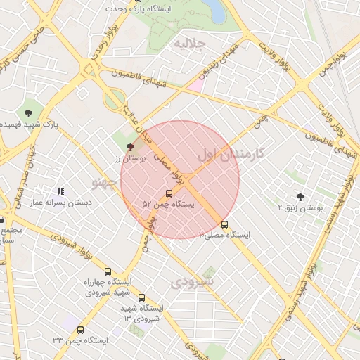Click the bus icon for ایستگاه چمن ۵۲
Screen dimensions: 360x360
tap(169, 193)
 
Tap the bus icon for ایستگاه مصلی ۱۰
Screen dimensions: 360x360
tap(224, 225)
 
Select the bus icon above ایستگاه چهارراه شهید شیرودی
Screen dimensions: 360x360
tap(108, 271)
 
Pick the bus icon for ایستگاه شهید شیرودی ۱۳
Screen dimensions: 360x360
tap(141, 297)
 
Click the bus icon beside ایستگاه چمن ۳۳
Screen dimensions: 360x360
tap(80, 330)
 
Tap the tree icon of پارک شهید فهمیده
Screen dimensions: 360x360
tap(28, 112)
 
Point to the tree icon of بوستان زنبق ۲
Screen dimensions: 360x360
tap(301, 198)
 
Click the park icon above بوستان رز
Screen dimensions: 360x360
tap(130, 147)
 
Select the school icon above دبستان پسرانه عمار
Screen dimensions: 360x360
tap(61, 191)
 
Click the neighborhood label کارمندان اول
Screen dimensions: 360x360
tap(231, 153)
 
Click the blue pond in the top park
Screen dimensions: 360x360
tap(215, 11)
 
